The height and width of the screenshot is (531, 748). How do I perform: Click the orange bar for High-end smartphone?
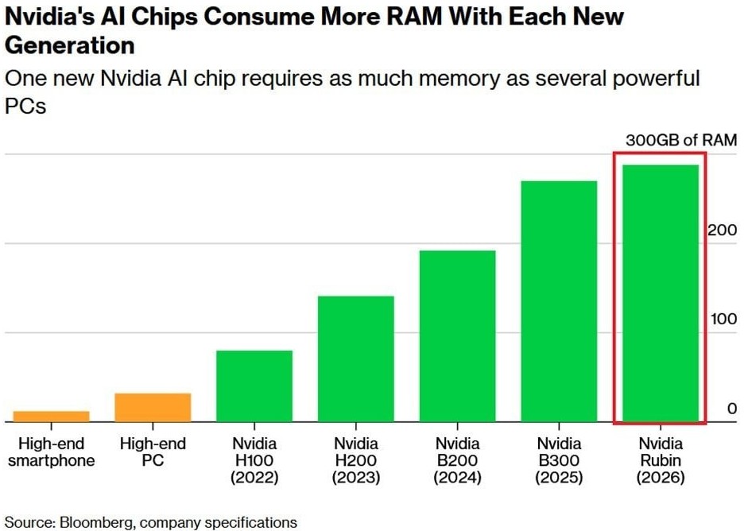coord(52,416)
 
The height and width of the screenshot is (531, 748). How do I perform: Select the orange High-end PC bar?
coord(153,407)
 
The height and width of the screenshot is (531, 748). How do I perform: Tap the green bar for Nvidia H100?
coord(254,386)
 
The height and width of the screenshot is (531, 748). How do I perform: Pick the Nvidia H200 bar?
coord(355,359)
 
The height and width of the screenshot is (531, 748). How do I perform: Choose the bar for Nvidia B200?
coord(457,335)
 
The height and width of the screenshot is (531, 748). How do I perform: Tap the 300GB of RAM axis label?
coord(681,140)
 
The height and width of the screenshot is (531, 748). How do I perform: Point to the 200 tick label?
coord(723,231)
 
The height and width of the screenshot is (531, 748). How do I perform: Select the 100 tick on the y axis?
coord(723,320)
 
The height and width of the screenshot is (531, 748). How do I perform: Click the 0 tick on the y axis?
coord(732,409)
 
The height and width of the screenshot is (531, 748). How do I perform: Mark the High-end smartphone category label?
coord(52,452)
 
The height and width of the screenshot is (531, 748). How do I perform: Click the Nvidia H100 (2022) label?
coord(254,460)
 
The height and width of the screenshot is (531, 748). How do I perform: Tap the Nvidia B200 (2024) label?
coord(457,460)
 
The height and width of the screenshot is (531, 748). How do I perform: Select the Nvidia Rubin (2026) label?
coord(660,460)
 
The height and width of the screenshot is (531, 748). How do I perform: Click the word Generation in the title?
coord(69,45)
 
